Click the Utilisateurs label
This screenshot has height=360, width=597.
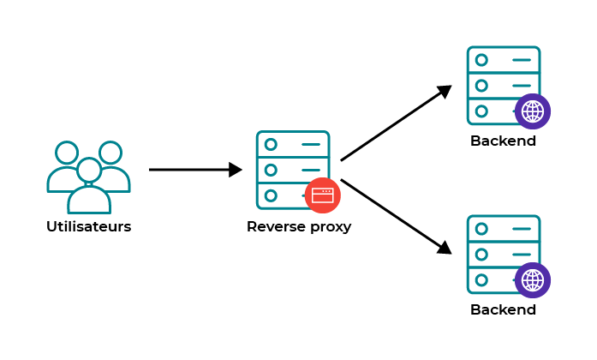click(x=88, y=227)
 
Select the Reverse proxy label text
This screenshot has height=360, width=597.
click(x=298, y=227)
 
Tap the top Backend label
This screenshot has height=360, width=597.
click(x=503, y=141)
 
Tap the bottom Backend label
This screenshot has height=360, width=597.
click(x=503, y=309)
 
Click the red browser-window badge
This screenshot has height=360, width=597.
click(x=322, y=195)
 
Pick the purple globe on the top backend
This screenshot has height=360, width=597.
click(x=533, y=111)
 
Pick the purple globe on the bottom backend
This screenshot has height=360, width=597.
click(x=533, y=280)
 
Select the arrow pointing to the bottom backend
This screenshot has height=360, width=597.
click(x=395, y=216)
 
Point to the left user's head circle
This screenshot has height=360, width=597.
click(x=67, y=153)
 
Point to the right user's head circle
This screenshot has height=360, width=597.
click(x=110, y=153)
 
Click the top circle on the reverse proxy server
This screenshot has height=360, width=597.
click(x=271, y=144)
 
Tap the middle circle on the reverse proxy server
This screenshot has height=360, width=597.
click(x=271, y=170)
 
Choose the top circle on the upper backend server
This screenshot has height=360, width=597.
click(x=481, y=60)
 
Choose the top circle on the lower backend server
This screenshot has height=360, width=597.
click(x=481, y=229)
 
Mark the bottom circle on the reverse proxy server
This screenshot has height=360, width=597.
click(x=271, y=195)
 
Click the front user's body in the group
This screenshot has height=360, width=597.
click(x=89, y=201)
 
